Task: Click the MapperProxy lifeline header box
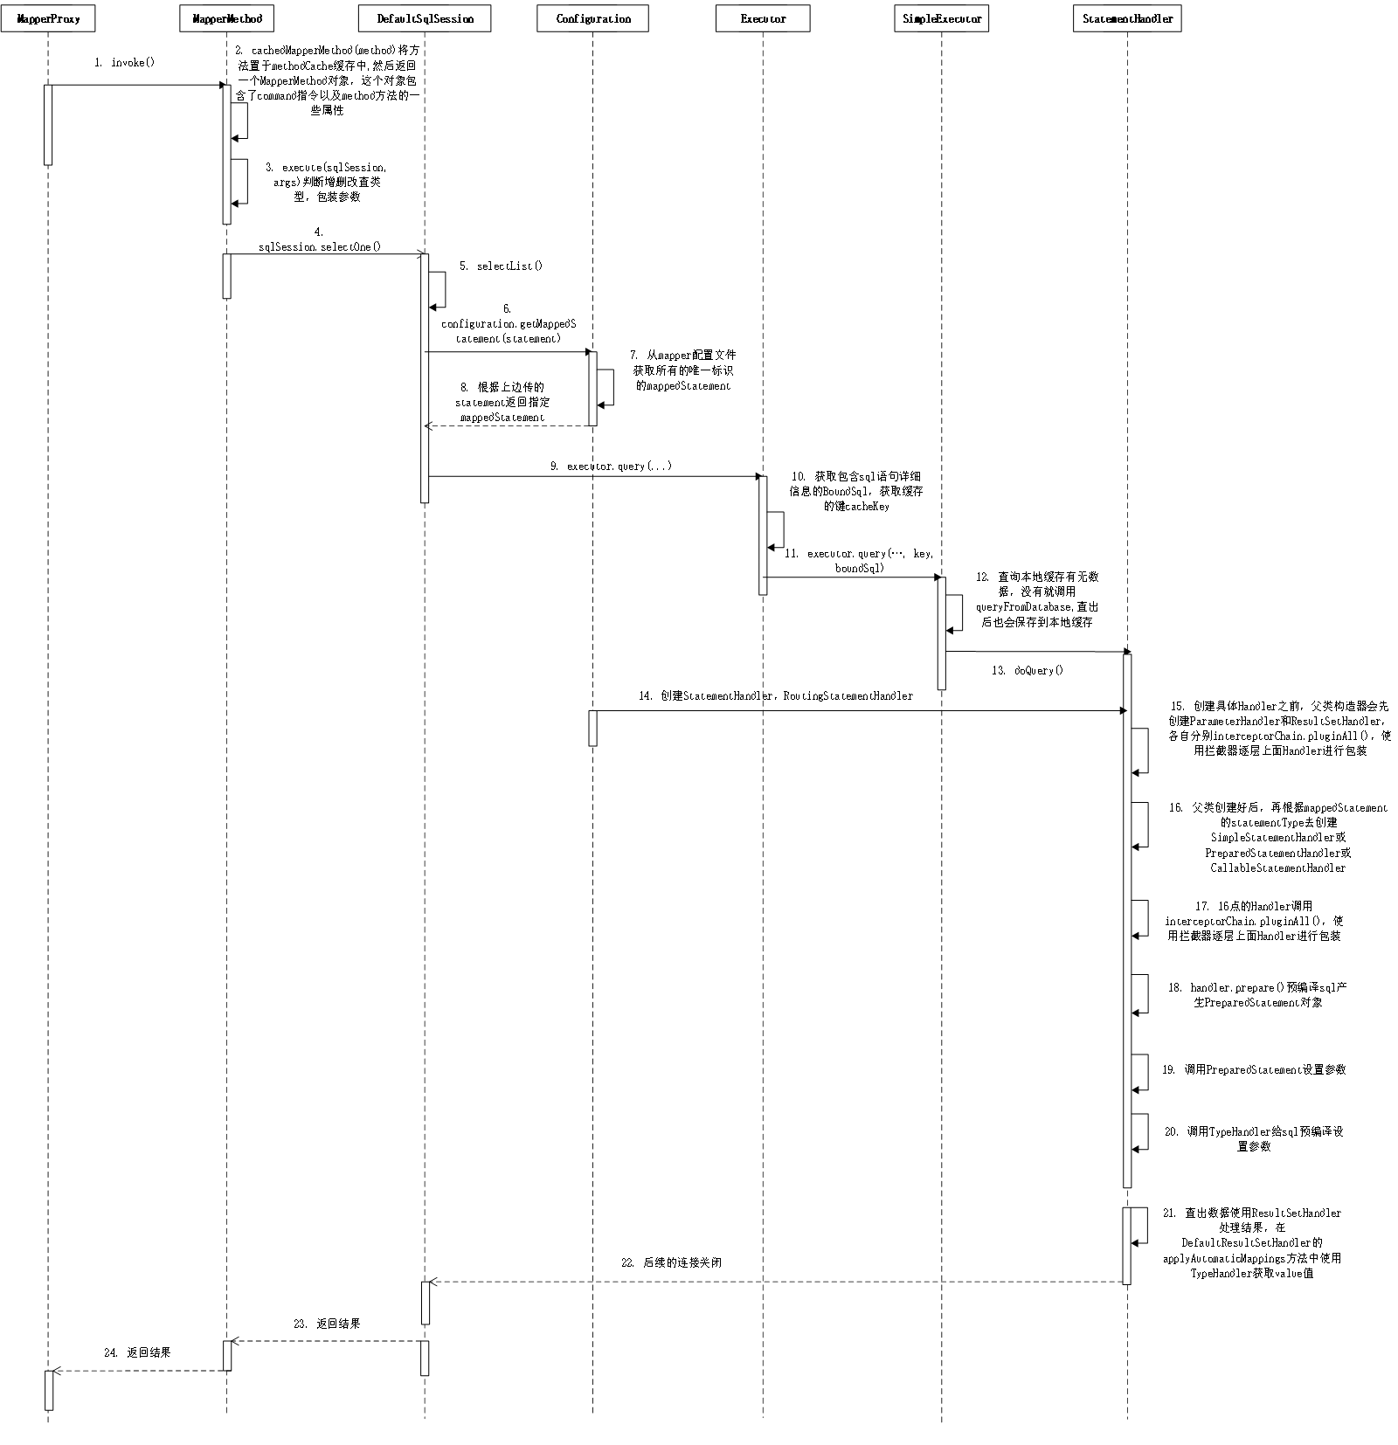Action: pyautogui.click(x=48, y=19)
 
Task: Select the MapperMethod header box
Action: pyautogui.click(x=227, y=19)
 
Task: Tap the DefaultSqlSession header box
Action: pyautogui.click(x=425, y=19)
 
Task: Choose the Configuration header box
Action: pyautogui.click(x=592, y=19)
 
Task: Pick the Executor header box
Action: pyautogui.click(x=763, y=19)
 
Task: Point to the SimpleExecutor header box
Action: pyautogui.click(x=941, y=19)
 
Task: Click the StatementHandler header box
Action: pyautogui.click(x=1127, y=19)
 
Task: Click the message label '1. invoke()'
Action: pyautogui.click(x=124, y=63)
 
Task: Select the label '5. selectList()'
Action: pyautogui.click(x=501, y=266)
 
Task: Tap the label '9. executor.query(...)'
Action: pyautogui.click(x=611, y=467)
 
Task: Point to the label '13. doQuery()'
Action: pyautogui.click(x=1027, y=671)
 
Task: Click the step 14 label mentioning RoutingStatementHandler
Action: pyautogui.click(x=775, y=696)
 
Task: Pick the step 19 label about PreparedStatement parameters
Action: pyautogui.click(x=1253, y=1069)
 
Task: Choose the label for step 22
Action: pyautogui.click(x=671, y=1262)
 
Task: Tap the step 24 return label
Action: pyautogui.click(x=137, y=1352)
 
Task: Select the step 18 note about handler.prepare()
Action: pyautogui.click(x=1257, y=995)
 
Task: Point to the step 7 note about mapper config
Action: pyautogui.click(x=683, y=370)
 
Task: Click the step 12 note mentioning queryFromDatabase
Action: pyautogui.click(x=1037, y=599)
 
